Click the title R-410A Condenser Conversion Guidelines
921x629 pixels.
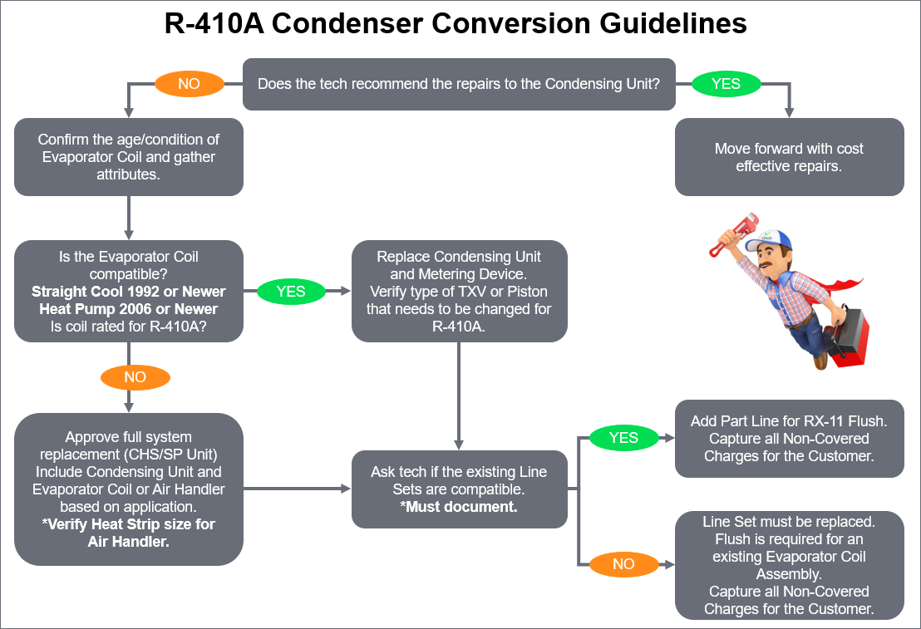coord(456,24)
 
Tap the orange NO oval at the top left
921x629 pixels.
coord(190,84)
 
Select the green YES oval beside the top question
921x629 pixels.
coord(726,84)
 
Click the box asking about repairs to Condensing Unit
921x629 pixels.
coord(458,84)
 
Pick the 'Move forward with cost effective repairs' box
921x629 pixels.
coord(789,157)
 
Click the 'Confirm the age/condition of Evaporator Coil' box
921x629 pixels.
coord(129,157)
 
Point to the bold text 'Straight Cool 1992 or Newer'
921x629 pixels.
coord(129,292)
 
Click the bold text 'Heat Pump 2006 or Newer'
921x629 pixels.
coord(129,309)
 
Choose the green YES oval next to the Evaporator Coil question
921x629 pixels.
coord(292,292)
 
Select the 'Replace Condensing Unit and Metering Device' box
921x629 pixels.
coord(459,292)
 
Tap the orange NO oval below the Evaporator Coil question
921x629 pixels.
coord(135,377)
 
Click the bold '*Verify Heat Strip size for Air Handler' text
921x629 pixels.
coord(129,533)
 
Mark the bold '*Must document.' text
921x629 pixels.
coord(459,506)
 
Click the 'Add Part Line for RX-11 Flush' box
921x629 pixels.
coord(789,439)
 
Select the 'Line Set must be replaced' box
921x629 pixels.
coord(789,565)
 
